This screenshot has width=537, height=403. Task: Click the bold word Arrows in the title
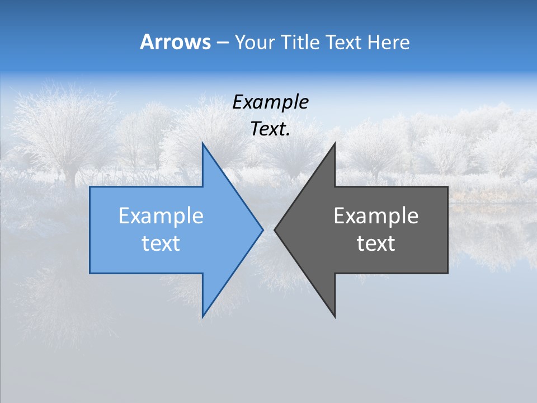tap(175, 42)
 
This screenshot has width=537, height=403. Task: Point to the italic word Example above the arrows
tap(270, 102)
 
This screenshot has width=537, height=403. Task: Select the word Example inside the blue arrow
tap(161, 215)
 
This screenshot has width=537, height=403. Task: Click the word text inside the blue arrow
tap(161, 243)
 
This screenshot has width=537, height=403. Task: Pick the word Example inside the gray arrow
tap(376, 215)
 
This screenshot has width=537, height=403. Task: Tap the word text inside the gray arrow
tap(376, 243)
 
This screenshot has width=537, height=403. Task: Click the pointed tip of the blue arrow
tap(262, 229)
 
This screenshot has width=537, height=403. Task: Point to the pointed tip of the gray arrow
tap(275, 229)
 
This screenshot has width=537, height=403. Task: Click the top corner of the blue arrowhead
tap(202, 143)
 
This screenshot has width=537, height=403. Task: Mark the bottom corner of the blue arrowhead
tap(202, 316)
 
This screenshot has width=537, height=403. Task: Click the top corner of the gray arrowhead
tap(335, 143)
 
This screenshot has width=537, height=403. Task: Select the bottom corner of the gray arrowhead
tap(335, 317)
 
